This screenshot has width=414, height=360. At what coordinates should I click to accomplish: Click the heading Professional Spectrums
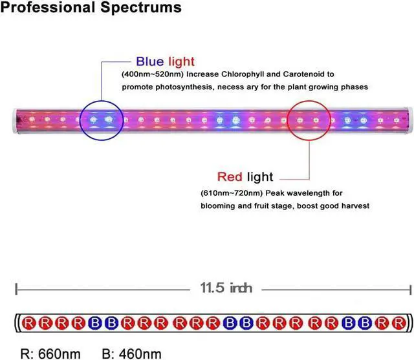pyautogui.click(x=91, y=9)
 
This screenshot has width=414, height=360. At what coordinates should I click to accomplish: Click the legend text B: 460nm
pyautogui.click(x=132, y=353)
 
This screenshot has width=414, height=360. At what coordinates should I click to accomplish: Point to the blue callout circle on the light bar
pyautogui.click(x=102, y=120)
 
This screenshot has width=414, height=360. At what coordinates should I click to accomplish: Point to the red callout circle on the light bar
pyautogui.click(x=311, y=120)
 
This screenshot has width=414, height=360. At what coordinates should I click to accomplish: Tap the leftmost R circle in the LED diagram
pyautogui.click(x=29, y=322)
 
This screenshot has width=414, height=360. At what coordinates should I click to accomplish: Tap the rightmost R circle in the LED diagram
pyautogui.click(x=398, y=322)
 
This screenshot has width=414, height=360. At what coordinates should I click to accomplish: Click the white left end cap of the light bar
pyautogui.click(x=16, y=120)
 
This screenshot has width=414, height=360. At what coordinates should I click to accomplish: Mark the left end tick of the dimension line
pyautogui.click(x=16, y=288)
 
